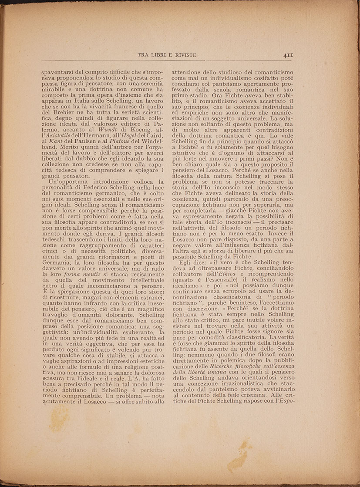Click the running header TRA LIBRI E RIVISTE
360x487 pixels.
click(x=167, y=55)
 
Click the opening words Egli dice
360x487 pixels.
click(x=194, y=262)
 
